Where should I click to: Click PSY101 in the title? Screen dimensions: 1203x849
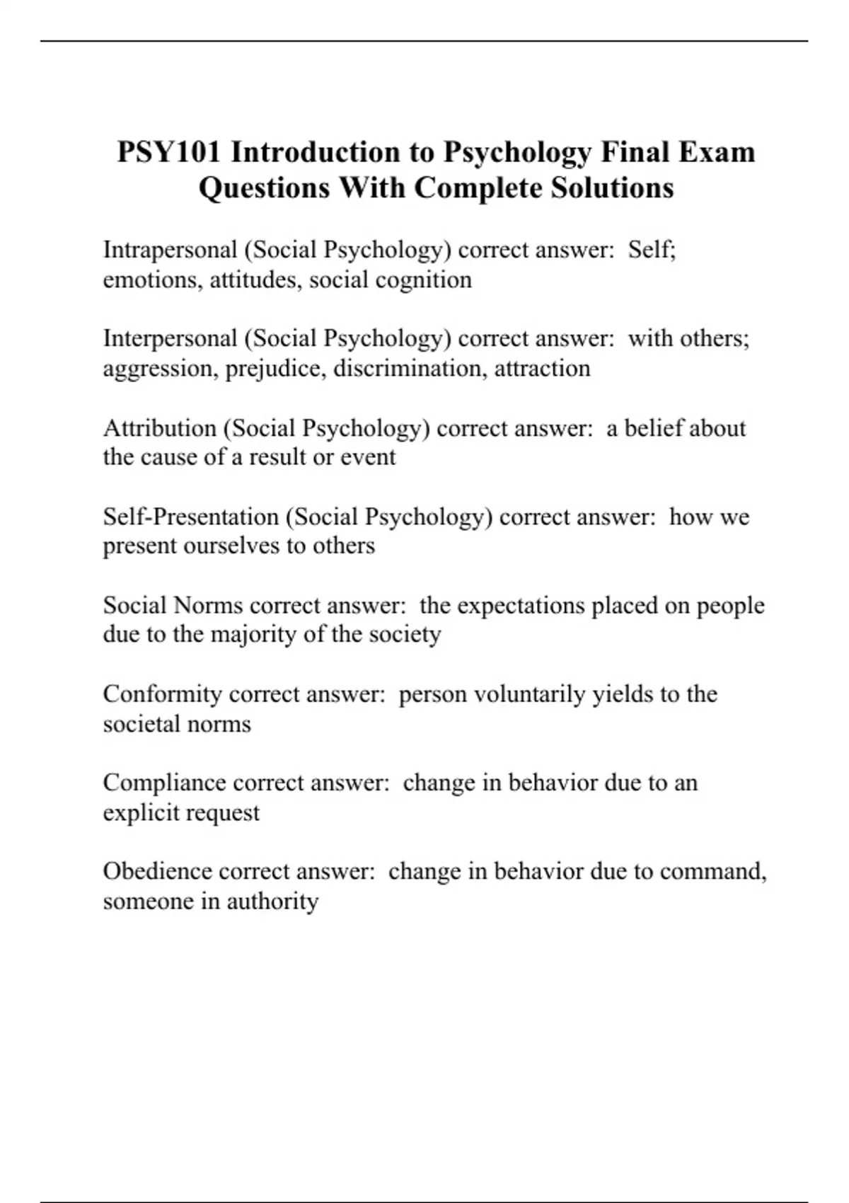[x=168, y=152]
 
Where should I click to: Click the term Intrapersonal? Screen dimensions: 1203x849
[x=170, y=250]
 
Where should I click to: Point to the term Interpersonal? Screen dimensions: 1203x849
[x=170, y=338]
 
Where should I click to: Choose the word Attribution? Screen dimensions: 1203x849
[x=159, y=428]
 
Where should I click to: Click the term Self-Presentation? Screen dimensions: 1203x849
[x=190, y=517]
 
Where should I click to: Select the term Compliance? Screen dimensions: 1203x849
[x=163, y=783]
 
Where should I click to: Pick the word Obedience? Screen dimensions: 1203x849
[x=157, y=871]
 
